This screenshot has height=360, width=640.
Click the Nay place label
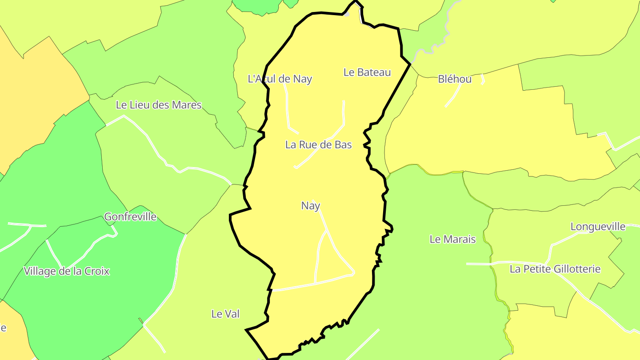click(311, 206)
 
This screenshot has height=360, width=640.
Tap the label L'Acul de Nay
click(280, 79)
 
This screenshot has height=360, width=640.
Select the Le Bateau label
click(367, 72)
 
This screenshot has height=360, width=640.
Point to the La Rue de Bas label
click(318, 145)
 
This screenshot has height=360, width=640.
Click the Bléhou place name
click(455, 79)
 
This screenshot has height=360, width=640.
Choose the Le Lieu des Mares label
click(159, 105)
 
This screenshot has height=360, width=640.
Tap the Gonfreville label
click(130, 217)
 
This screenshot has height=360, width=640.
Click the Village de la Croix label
click(67, 271)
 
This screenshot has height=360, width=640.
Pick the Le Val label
click(225, 314)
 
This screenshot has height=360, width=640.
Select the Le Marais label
click(452, 239)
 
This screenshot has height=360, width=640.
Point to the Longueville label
click(598, 227)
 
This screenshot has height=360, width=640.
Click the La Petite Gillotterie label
click(555, 269)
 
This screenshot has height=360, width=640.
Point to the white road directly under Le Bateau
click(344, 113)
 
